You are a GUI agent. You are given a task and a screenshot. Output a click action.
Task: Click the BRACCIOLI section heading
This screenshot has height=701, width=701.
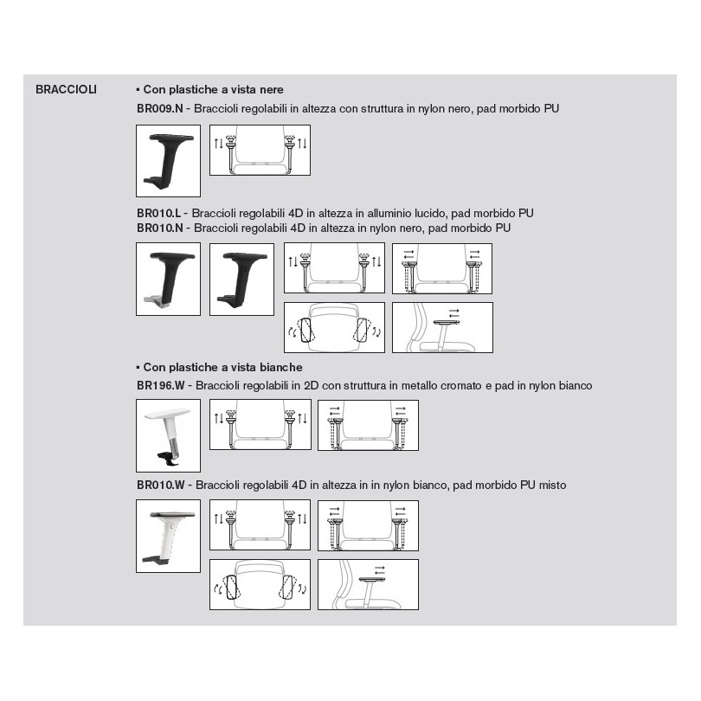click(x=66, y=89)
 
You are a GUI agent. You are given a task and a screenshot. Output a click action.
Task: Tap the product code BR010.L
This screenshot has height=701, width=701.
click(x=159, y=212)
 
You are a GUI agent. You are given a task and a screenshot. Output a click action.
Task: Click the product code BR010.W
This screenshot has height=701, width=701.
click(x=162, y=485)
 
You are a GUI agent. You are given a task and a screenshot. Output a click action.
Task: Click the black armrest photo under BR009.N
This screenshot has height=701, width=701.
click(x=168, y=160)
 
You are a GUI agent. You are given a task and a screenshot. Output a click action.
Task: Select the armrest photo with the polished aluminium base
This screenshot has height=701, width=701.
click(x=168, y=279)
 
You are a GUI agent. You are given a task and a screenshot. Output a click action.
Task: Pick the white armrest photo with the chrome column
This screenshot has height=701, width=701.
click(x=168, y=434)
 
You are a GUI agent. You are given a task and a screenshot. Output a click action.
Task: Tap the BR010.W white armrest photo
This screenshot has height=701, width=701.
click(x=168, y=535)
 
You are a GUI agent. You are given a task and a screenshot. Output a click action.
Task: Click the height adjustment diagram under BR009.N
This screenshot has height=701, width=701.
click(x=260, y=151)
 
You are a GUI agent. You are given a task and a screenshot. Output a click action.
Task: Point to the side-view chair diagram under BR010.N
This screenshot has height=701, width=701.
click(x=441, y=327)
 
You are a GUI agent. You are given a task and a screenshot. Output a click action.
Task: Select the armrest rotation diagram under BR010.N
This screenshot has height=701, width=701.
click(x=333, y=327)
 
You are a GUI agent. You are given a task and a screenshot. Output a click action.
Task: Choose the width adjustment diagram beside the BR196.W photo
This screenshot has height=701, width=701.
click(x=368, y=425)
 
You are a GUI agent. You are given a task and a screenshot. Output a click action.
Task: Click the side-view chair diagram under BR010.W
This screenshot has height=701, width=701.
click(x=368, y=584)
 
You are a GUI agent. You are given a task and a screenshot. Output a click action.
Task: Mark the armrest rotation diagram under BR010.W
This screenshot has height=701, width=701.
click(x=260, y=584)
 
